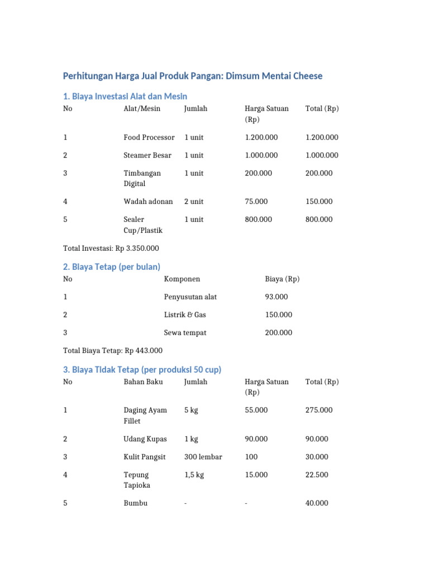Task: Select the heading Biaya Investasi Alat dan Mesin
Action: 125,96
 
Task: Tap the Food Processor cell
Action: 149,137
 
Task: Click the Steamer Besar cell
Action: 147,155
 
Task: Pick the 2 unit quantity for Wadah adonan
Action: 194,202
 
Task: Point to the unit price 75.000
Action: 256,202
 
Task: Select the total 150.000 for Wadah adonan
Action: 319,202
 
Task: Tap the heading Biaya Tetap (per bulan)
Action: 112,267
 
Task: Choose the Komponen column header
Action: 182,279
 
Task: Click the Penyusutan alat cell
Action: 190,297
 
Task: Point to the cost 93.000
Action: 277,297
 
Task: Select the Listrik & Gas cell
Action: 185,315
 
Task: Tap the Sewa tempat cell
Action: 185,333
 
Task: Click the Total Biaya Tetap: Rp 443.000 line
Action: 113,351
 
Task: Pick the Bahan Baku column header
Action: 142,382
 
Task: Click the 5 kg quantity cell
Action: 191,411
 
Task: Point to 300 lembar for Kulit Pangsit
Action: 203,457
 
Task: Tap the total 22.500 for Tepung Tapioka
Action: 317,475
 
